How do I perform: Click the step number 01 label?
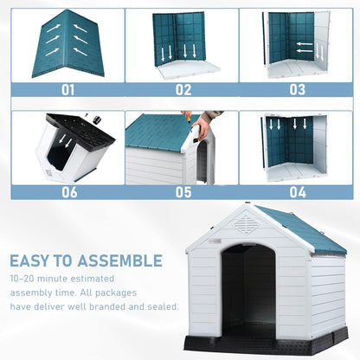(67, 89)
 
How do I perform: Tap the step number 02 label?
(183, 89)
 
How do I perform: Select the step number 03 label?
(297, 89)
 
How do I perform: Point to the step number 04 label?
(297, 192)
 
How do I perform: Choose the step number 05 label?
(183, 192)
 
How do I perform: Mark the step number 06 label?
(67, 192)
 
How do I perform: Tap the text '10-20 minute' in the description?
(38, 280)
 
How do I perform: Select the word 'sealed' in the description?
(162, 305)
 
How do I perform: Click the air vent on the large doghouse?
(246, 225)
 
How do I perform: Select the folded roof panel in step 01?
(67, 43)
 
